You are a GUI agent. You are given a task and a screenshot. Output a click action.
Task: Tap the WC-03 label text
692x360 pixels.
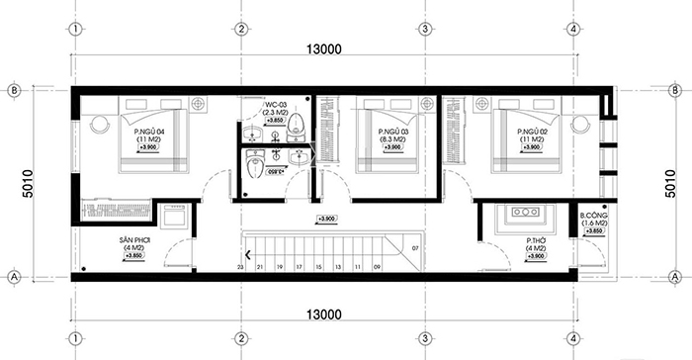[276, 103]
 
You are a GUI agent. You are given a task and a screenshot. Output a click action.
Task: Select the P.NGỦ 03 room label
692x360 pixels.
[393, 130]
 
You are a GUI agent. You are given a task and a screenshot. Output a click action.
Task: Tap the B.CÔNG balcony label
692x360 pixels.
[593, 215]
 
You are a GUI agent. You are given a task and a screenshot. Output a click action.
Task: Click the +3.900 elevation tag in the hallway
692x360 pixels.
[325, 219]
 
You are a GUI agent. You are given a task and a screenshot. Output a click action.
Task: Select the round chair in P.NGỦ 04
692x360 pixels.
[99, 125]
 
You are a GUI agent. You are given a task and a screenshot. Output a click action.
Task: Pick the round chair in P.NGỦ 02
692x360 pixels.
[578, 125]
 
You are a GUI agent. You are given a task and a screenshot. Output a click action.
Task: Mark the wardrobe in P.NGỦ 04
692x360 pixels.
[114, 211]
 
